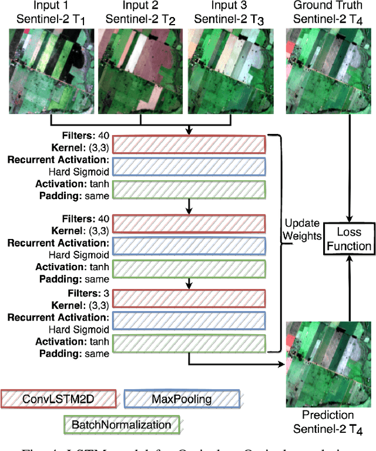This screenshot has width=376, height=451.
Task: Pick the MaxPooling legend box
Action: coord(182,400)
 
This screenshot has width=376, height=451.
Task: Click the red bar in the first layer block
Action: coord(189,144)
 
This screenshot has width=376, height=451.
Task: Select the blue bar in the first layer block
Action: coord(189,166)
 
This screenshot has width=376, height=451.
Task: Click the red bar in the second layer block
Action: coord(189,224)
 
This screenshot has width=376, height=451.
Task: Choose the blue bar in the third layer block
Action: coord(189,320)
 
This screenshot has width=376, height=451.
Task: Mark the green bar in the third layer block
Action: coord(189,343)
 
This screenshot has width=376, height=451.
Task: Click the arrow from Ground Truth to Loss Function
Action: coord(351,164)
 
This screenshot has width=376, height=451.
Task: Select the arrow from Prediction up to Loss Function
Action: coord(351,288)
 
